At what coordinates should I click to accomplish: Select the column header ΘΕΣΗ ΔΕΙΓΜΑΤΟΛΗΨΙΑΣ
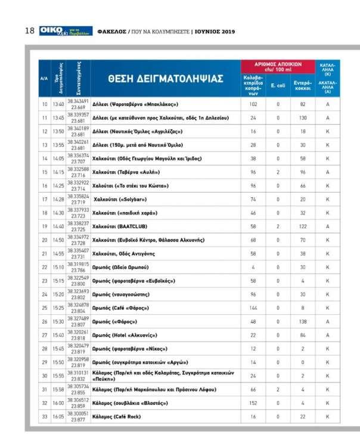click(x=166, y=79)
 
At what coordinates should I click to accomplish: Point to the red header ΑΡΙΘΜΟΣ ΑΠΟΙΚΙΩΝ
click(x=278, y=67)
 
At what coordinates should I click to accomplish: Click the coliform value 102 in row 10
click(x=253, y=104)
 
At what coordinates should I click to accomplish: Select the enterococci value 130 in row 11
click(x=303, y=118)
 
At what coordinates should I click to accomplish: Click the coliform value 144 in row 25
click(x=253, y=308)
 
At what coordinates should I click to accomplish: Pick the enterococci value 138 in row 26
click(x=303, y=322)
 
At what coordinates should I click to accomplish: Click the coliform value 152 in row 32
click(x=253, y=403)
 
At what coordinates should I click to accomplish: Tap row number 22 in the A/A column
click(x=44, y=268)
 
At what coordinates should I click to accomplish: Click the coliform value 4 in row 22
click(x=253, y=268)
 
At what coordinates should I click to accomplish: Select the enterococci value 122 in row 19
click(x=303, y=227)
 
